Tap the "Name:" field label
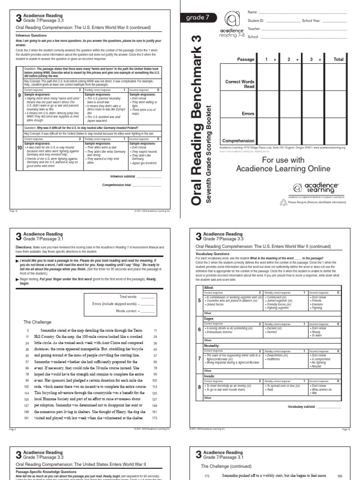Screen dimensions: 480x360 (x=253, y=11)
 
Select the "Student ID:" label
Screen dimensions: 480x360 (x=256, y=21)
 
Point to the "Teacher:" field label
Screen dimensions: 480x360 (x=254, y=29)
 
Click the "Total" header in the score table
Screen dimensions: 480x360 (x=338, y=60)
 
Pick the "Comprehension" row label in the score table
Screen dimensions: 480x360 (x=238, y=140)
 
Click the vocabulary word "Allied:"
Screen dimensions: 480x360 (x=209, y=287)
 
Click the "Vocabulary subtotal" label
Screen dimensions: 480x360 (x=303, y=407)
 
